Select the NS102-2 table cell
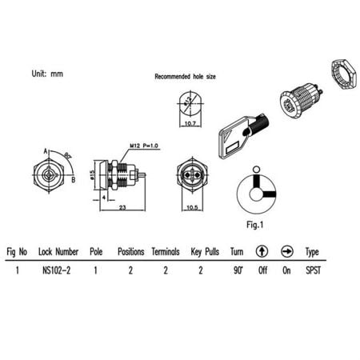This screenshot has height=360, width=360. click(58, 270)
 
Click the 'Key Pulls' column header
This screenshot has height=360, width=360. click(204, 251)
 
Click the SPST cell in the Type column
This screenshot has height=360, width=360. click(314, 270)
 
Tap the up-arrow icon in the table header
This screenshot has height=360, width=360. click(261, 251)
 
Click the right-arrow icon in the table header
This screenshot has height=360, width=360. click(286, 251)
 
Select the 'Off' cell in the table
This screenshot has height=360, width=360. click(261, 270)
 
